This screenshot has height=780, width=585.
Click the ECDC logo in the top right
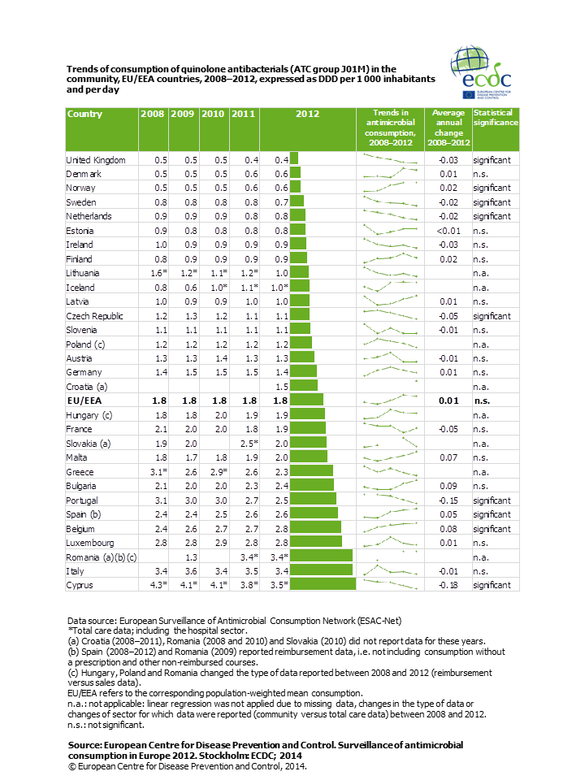click(x=481, y=72)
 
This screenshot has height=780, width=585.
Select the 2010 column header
click(x=213, y=114)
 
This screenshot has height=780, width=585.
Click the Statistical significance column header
click(x=496, y=117)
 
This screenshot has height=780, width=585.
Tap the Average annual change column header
click(x=448, y=128)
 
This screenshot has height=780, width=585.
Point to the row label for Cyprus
click(x=80, y=585)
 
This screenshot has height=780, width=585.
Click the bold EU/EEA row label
click(x=84, y=401)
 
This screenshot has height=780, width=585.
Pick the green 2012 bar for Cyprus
click(x=323, y=584)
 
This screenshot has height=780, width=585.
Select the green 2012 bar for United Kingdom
click(x=294, y=158)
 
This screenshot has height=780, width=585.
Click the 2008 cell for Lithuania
click(x=158, y=273)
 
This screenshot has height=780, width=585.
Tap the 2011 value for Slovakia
click(x=249, y=444)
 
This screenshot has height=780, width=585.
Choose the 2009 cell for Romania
click(x=191, y=557)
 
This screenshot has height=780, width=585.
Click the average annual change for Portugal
click(x=448, y=500)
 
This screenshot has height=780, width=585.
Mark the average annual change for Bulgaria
click(x=448, y=486)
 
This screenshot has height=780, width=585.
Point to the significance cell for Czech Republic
click(x=492, y=316)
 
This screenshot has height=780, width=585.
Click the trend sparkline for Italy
click(x=391, y=570)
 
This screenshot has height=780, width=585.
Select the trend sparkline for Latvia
click(x=391, y=301)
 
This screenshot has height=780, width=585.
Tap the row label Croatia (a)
click(x=87, y=387)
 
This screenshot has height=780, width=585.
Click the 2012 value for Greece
click(x=282, y=472)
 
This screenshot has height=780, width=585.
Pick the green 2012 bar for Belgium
click(x=315, y=527)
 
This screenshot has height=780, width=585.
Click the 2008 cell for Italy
click(x=161, y=571)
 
